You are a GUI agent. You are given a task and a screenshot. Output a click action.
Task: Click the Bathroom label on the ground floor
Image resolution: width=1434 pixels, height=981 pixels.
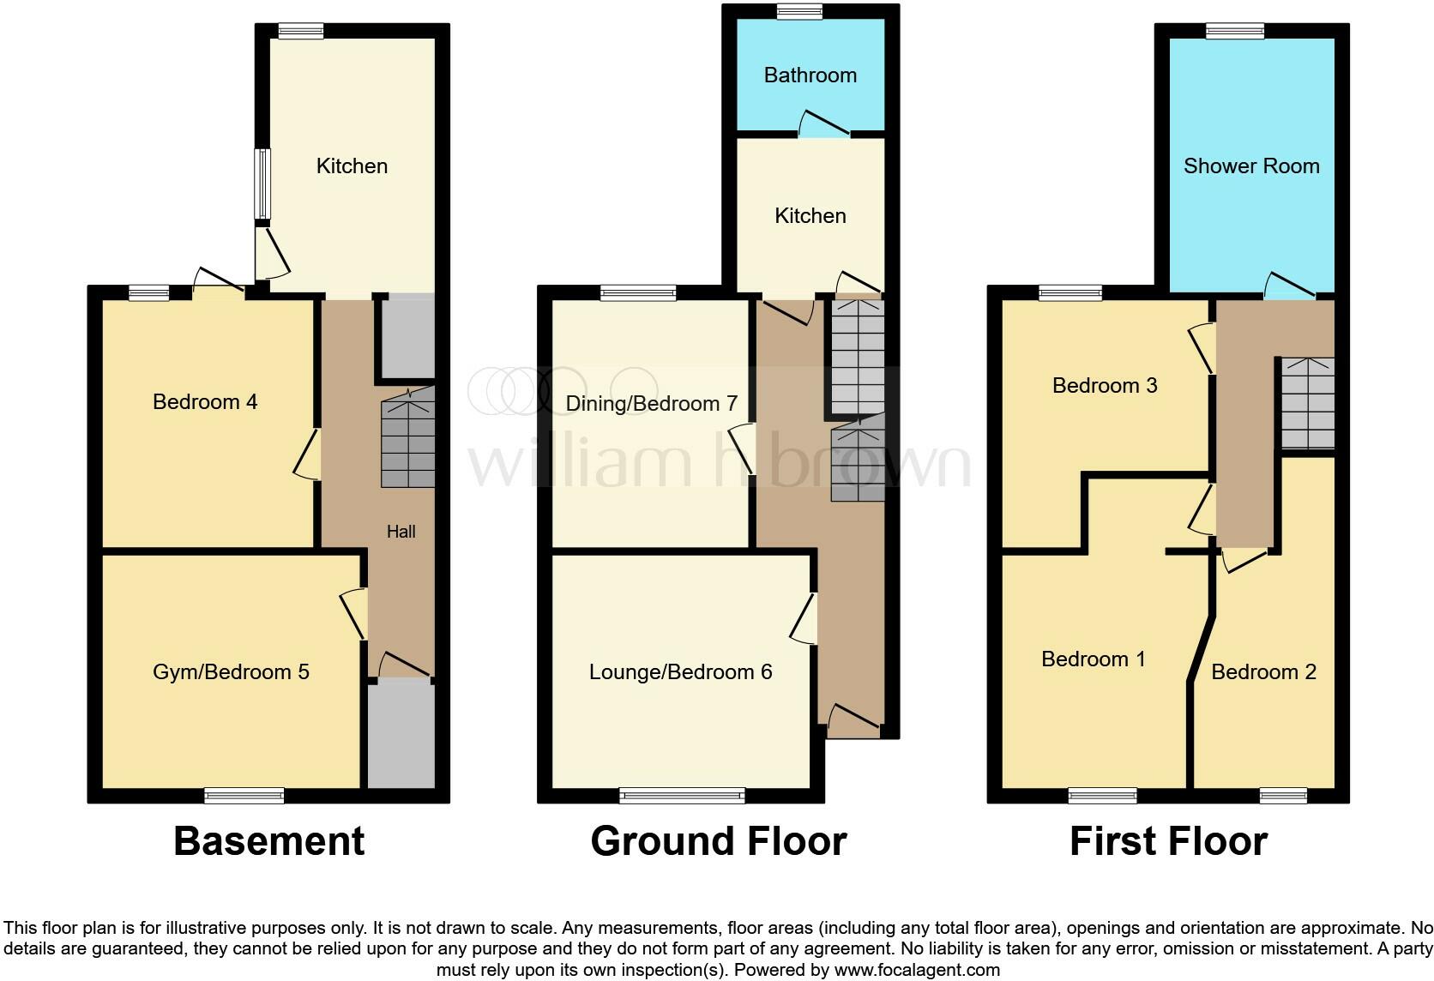[810, 75]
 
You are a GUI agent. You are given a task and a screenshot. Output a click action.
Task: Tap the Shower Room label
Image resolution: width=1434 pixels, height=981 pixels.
[1250, 166]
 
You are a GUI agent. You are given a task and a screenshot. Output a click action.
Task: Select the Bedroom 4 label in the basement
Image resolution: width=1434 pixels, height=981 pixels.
[205, 402]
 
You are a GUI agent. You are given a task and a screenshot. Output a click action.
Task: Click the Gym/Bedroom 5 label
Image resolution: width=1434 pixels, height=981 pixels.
[231, 672]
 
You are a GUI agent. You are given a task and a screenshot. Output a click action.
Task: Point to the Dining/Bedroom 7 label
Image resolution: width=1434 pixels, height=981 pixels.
[652, 404]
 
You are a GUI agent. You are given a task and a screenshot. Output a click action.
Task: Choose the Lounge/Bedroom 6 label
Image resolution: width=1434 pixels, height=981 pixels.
[680, 672]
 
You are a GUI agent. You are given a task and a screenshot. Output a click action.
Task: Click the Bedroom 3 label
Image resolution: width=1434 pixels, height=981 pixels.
[1105, 386]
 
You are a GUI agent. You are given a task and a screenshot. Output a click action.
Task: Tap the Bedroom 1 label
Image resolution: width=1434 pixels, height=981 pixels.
[1093, 659]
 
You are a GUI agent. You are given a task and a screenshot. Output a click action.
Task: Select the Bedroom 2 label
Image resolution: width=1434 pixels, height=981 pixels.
[1263, 672]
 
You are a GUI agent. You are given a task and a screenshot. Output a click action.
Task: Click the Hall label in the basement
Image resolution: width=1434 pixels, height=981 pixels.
[401, 533]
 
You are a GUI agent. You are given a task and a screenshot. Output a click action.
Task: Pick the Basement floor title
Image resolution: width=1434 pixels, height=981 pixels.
[269, 842]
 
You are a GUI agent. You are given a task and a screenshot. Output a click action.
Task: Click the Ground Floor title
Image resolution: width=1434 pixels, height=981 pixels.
[719, 842]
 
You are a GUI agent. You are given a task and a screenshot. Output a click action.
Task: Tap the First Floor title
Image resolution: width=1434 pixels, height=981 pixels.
[1168, 842]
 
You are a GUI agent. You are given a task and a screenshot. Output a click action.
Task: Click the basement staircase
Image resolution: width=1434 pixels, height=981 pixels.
[408, 439]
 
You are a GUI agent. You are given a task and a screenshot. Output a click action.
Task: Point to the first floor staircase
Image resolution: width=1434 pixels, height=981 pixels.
[1308, 403]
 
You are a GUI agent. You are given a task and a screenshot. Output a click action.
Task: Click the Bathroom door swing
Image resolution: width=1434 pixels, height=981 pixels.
[823, 125]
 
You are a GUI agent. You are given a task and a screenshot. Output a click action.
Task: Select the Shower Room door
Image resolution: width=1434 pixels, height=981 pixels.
[1290, 286]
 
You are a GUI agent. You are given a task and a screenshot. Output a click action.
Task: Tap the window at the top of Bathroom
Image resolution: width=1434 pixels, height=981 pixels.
[799, 11]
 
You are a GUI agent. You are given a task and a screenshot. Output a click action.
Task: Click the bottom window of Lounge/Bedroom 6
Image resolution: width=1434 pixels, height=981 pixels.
[682, 797]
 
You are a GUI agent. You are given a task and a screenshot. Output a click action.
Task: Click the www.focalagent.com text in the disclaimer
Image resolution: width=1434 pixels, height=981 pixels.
[917, 971]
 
